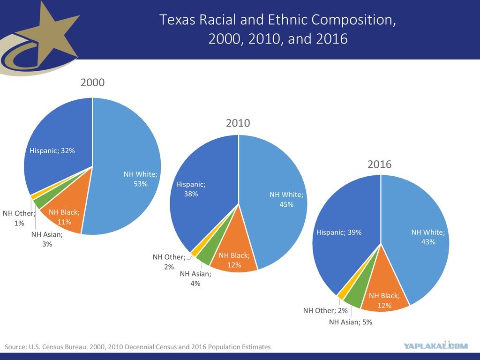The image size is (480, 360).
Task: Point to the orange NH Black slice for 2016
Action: (386, 291)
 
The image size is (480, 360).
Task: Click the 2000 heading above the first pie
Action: (92, 82)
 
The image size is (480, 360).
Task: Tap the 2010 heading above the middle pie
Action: (238, 123)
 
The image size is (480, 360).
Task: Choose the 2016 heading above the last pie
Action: (380, 164)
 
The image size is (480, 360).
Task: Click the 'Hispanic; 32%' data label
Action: (52, 150)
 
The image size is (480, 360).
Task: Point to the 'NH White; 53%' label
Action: (141, 179)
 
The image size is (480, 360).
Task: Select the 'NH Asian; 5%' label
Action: (351, 322)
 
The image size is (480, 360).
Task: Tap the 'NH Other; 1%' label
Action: (19, 218)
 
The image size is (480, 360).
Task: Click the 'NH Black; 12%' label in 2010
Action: (234, 260)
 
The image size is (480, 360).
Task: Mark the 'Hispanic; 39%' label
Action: (339, 232)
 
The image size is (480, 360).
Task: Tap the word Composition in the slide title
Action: (353, 20)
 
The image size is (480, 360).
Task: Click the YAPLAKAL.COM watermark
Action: (435, 346)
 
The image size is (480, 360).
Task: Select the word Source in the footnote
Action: (15, 347)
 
